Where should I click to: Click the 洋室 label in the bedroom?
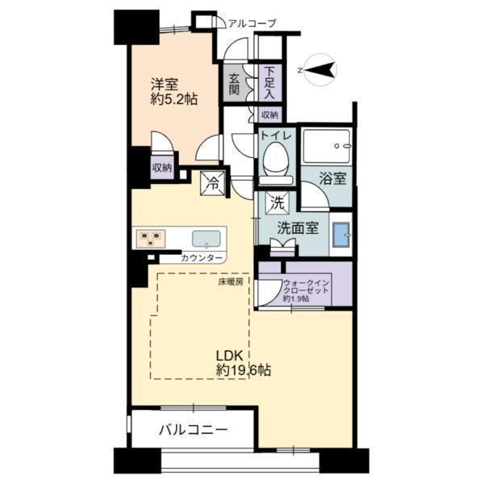tap(165, 84)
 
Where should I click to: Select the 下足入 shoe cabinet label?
tap(269, 83)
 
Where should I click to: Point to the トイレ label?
tap(276, 136)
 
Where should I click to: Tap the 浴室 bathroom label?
tap(332, 178)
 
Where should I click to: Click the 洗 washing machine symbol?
tap(277, 202)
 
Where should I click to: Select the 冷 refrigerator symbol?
tap(213, 184)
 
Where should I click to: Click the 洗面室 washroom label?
tap(298, 227)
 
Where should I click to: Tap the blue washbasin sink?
tap(340, 234)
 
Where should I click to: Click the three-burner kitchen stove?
tap(150, 239)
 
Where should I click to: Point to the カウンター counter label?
tap(202, 258)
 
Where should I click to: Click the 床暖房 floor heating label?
tap(231, 282)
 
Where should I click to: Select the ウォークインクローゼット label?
tap(306, 286)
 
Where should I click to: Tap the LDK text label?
tap(229, 356)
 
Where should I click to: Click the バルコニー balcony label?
tap(194, 430)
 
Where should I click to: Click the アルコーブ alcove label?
tap(252, 23)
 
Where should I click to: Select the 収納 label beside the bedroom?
tap(162, 168)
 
